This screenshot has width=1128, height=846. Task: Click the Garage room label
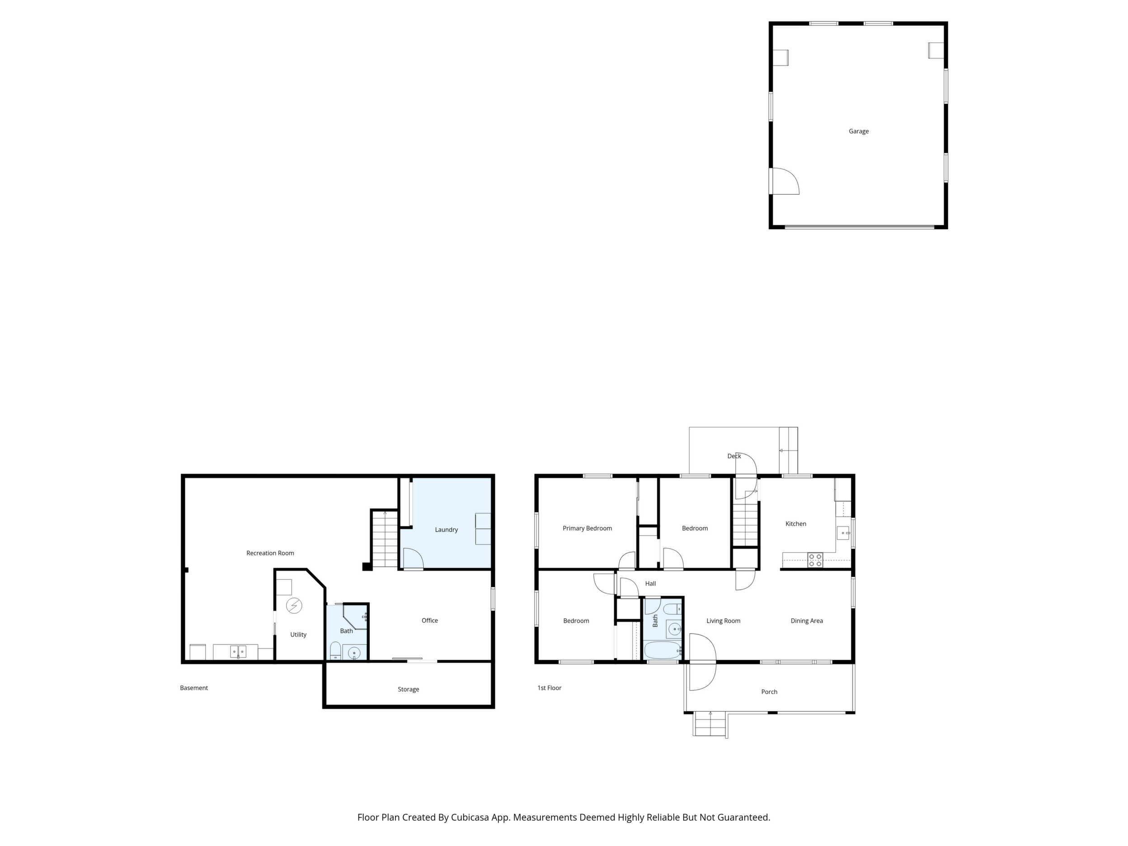coord(858,132)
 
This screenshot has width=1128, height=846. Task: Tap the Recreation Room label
coord(270,553)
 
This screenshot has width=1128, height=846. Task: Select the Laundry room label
coord(446,530)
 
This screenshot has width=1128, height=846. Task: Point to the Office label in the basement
coord(429,620)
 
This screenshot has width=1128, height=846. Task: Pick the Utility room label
coord(298,635)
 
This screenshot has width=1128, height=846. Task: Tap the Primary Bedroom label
coord(587,528)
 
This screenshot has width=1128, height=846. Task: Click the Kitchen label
coord(795,524)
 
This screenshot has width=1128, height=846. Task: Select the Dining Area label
coord(806,620)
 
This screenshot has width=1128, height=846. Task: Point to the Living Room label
coord(723,620)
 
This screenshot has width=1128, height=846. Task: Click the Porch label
coord(769,692)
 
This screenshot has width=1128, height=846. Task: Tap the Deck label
coord(734,456)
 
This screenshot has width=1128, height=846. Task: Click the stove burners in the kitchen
coord(815,560)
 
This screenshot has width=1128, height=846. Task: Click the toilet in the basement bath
coord(335,651)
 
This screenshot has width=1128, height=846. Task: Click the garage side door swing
coord(785,182)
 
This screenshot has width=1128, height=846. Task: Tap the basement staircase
coord(385,540)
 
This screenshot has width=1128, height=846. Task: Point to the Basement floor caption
coord(194,688)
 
